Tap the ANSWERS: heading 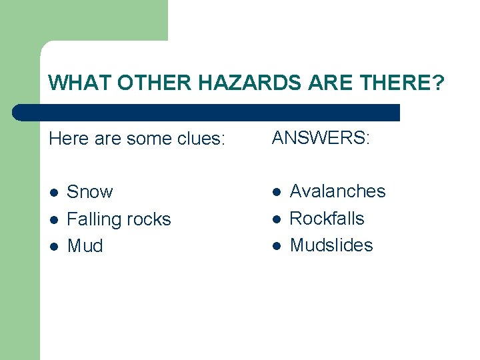pos(320,137)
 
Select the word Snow pos(90,192)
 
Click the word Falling pos(94,219)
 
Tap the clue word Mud pos(85,246)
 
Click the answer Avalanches pos(337,191)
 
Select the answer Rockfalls pos(327,219)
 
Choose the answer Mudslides pos(331,245)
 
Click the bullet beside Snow pos(54,193)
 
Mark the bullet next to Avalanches pos(276,192)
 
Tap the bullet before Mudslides pos(276,246)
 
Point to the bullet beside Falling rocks pos(54,220)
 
